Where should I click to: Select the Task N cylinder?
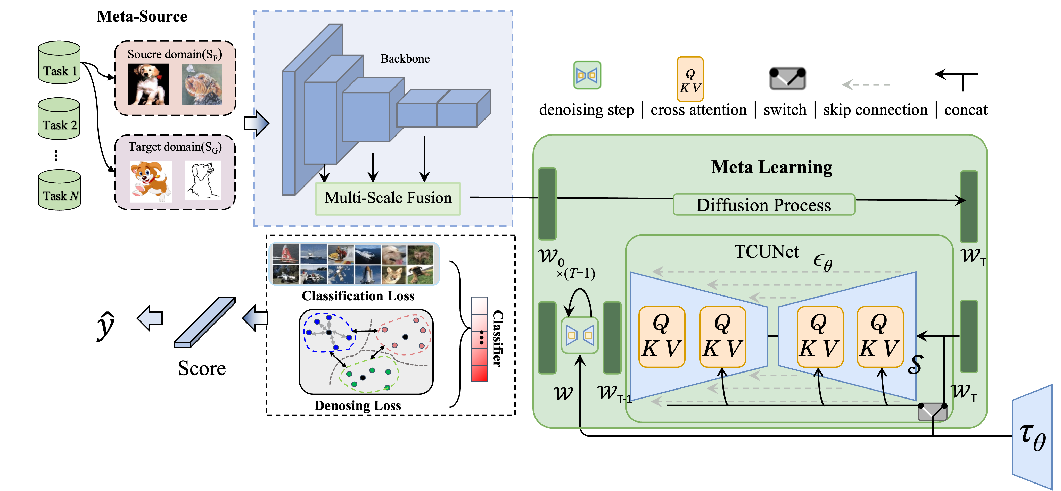pos(59,190)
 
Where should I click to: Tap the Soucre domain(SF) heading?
pos(174,55)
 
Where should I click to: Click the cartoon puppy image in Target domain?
pos(150,181)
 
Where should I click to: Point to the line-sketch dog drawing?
pos(203,180)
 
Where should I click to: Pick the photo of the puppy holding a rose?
pos(148,84)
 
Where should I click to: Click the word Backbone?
pos(405,59)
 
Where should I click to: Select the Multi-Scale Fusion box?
pos(388,198)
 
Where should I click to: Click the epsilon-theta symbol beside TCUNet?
pos(823,262)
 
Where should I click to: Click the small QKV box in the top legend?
pos(690,79)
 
